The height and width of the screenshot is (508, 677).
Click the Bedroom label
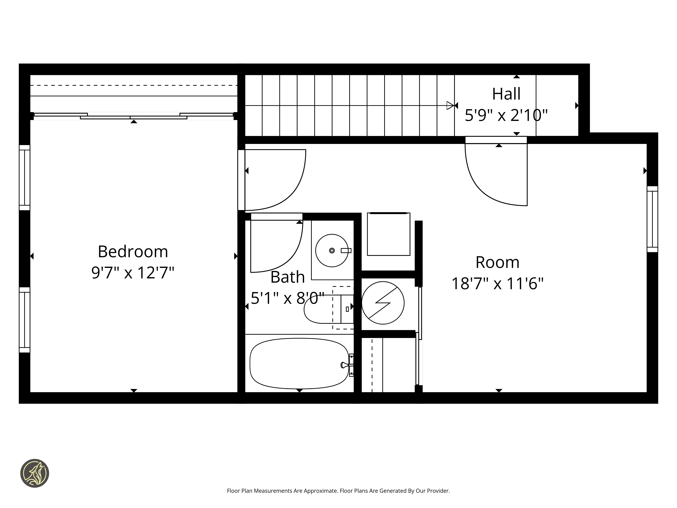pyautogui.click(x=133, y=252)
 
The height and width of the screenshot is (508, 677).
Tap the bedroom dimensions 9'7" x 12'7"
pyautogui.click(x=133, y=272)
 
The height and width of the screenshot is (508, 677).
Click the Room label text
pyautogui.click(x=498, y=262)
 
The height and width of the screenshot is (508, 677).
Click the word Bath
pyautogui.click(x=288, y=277)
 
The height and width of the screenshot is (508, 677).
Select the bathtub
pyautogui.click(x=299, y=363)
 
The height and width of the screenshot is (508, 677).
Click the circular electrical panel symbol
pyautogui.click(x=383, y=303)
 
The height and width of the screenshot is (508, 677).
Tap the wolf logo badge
pyautogui.click(x=35, y=473)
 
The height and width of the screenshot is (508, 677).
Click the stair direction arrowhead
pyautogui.click(x=450, y=105)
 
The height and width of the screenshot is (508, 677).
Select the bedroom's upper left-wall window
pyautogui.click(x=25, y=178)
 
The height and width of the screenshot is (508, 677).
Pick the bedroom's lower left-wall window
pyautogui.click(x=25, y=320)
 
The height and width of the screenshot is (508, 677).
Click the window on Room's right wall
pyautogui.click(x=652, y=219)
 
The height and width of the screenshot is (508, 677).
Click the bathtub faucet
pyautogui.click(x=346, y=365)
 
